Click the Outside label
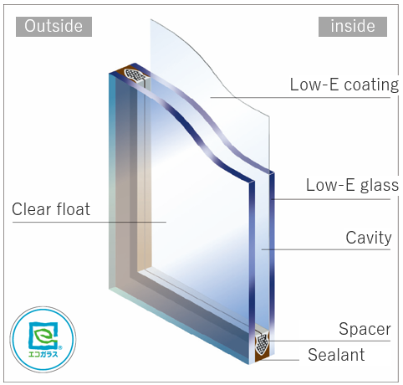[x=54, y=26]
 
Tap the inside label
[x=352, y=26]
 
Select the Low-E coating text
[x=343, y=85]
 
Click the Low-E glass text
[x=351, y=185]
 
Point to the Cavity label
[x=369, y=238]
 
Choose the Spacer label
[x=365, y=328]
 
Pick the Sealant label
[x=336, y=355]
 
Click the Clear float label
[x=50, y=208]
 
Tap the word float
[x=71, y=208]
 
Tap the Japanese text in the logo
[x=40, y=355]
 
